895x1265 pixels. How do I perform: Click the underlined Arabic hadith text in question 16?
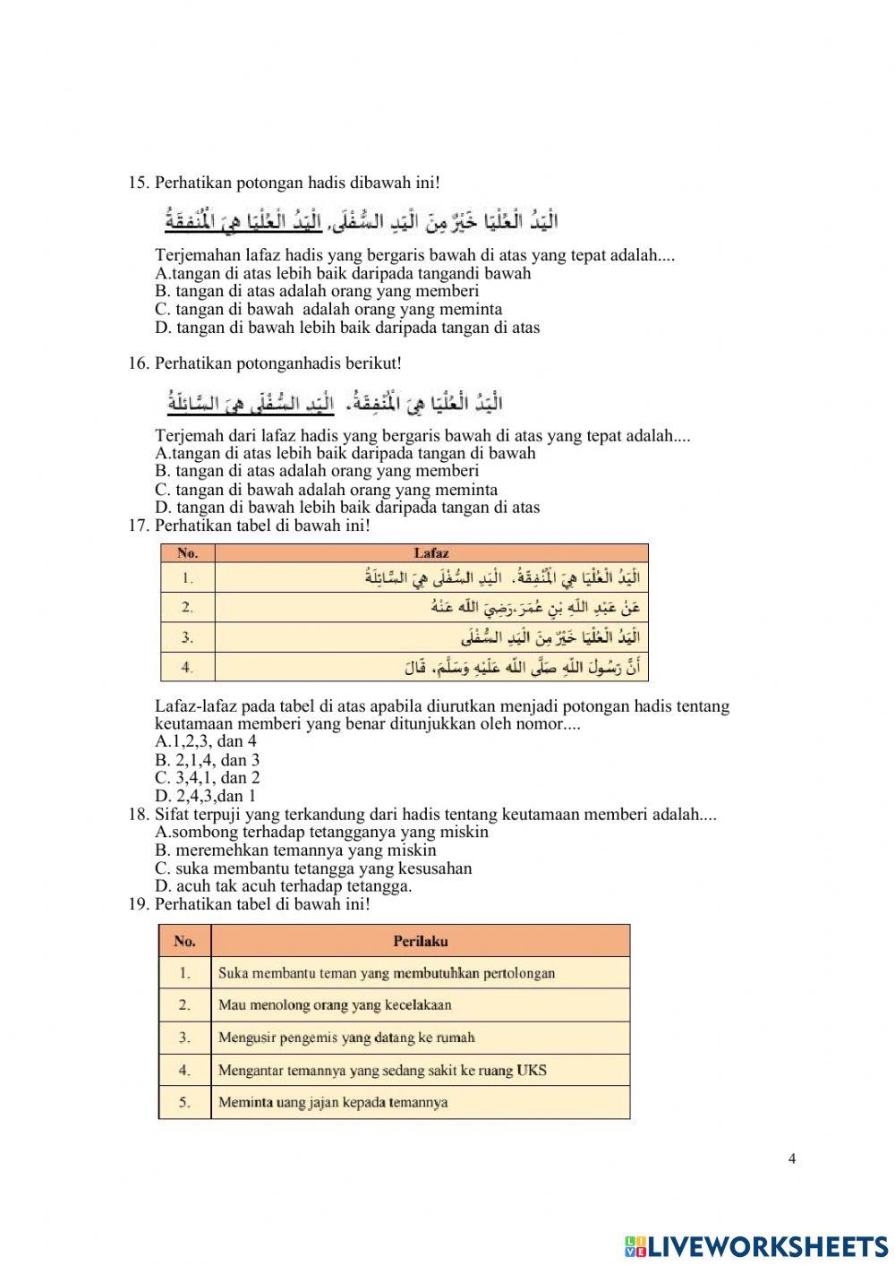tap(251, 404)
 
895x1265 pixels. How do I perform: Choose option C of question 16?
tap(326, 490)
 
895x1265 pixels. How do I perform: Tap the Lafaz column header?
tap(431, 553)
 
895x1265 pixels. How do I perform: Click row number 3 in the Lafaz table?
tap(188, 637)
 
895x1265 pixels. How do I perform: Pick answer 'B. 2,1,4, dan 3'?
tap(207, 760)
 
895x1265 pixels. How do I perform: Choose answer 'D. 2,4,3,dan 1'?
tap(205, 796)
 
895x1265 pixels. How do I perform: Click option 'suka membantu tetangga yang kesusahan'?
tap(313, 868)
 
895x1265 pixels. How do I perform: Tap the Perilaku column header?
tap(421, 941)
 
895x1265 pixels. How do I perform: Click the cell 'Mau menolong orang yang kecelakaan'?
tap(335, 1005)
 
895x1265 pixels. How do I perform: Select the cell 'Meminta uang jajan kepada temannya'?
tap(333, 1102)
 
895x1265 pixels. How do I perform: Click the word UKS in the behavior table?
tap(532, 1070)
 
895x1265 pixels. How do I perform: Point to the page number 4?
tap(792, 1158)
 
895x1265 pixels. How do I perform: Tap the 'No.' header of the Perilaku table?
tap(185, 941)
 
